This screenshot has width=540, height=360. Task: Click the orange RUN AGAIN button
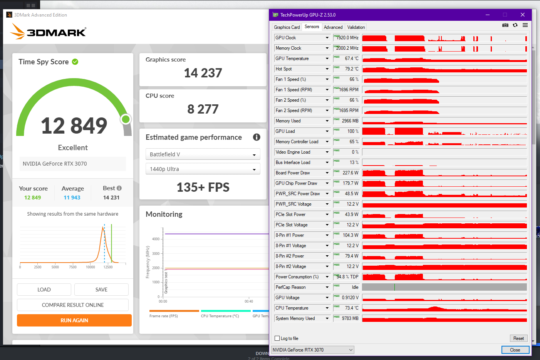[x=74, y=320]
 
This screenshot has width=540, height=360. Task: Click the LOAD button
[x=44, y=290]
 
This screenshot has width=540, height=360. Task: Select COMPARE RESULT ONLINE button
[x=73, y=305]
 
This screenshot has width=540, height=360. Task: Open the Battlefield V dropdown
[x=203, y=154]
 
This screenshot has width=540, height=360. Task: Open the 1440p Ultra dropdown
[x=203, y=169]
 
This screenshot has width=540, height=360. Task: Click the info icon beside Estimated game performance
[x=257, y=137]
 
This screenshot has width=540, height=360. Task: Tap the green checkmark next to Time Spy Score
[x=75, y=62]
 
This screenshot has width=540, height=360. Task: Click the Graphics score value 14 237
[x=203, y=73]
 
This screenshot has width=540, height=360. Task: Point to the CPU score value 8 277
[x=203, y=109]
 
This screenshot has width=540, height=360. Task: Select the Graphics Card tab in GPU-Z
[x=287, y=27]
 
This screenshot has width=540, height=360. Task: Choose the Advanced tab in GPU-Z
[x=333, y=27]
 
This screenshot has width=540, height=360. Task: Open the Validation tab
[x=356, y=27]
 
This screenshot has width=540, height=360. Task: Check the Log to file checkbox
[x=277, y=338]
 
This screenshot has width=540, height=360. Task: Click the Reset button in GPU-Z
[x=518, y=338]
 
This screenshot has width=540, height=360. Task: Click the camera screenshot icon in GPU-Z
[x=505, y=25]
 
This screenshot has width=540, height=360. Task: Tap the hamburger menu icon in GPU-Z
[x=525, y=25]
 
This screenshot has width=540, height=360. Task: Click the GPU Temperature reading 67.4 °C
[x=351, y=59]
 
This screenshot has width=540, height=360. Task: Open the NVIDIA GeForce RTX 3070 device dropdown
[x=313, y=350]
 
